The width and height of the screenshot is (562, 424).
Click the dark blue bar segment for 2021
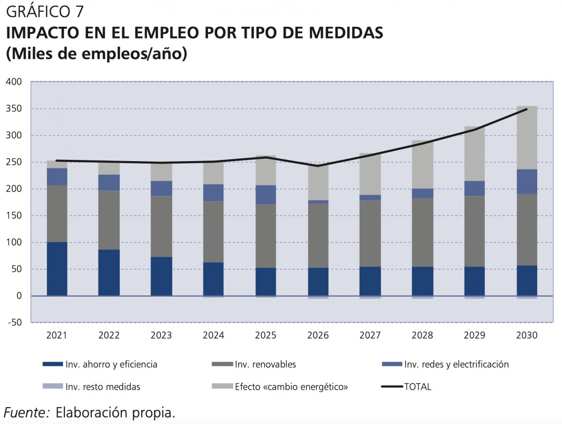point(57,268)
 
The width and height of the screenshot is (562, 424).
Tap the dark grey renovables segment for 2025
point(266,236)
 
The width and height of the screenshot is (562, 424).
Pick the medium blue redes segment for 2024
point(213,193)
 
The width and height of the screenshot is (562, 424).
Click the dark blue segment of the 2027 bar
point(370,281)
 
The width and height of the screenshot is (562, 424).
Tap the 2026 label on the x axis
point(318,335)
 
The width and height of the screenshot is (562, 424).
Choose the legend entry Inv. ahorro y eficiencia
point(111,364)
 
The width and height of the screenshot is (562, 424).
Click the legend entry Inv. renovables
point(266,364)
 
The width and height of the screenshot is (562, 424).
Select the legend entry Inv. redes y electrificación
point(456,364)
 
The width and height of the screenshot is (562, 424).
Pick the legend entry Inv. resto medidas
point(103,387)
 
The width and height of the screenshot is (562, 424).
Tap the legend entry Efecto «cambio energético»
point(291,387)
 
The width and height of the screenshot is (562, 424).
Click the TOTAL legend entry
point(417,387)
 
